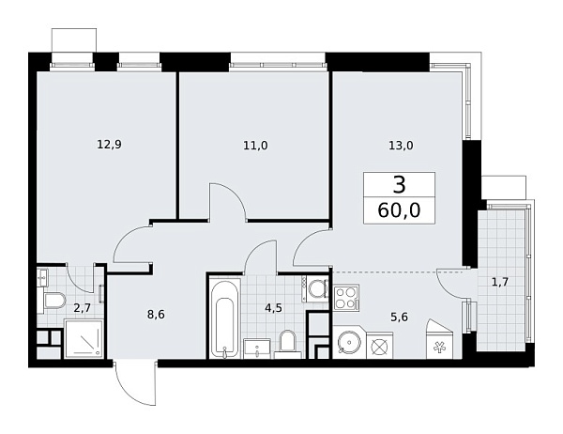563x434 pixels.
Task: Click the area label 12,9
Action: click(109, 145)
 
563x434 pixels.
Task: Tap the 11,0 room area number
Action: click(255, 145)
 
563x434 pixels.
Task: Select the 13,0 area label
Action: click(399, 145)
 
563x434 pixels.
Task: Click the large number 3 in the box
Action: click(400, 185)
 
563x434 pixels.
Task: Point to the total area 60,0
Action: click(400, 209)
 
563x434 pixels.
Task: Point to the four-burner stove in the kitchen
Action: click(344, 299)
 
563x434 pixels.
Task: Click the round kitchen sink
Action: click(346, 344)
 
